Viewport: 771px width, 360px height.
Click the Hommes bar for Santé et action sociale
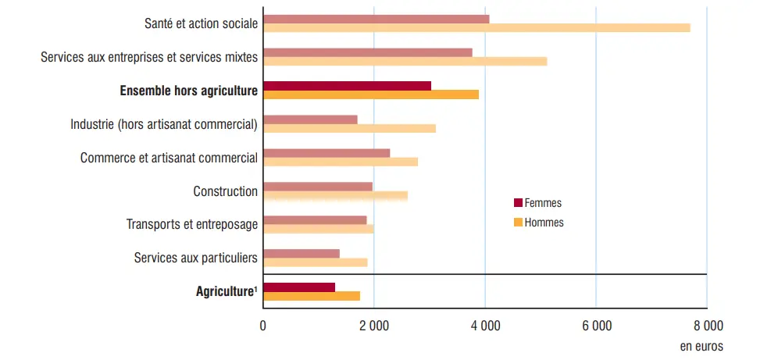pos(477,28)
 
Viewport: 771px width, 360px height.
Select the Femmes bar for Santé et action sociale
pos(376,19)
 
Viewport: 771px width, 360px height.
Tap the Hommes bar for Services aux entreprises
pos(405,61)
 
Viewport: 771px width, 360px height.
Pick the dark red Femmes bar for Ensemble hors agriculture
pos(347,85)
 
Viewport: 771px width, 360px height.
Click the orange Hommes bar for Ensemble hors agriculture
pos(370,94)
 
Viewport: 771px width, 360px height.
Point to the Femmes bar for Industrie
pos(310,119)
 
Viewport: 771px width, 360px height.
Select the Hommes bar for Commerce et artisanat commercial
pos(341,162)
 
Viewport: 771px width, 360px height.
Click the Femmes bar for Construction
pos(317,186)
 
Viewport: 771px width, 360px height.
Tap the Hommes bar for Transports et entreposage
pos(318,229)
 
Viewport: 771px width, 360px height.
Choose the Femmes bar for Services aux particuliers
pos(302,253)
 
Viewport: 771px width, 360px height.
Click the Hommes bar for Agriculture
pos(312,296)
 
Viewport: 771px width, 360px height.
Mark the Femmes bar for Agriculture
pos(299,287)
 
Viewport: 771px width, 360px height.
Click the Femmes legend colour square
pos(517,203)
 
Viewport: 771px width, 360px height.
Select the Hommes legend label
pos(544,223)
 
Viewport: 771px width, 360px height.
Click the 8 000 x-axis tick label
pos(706,326)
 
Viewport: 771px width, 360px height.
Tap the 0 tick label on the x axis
pos(263,326)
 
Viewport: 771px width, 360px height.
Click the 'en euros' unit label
pos(701,345)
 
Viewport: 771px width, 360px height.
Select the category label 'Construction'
pos(225,191)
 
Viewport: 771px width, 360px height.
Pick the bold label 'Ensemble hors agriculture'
pos(188,91)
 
